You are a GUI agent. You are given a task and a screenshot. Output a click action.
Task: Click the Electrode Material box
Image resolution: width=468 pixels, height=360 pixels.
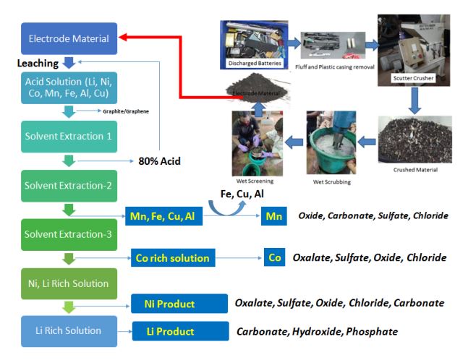[x=69, y=38]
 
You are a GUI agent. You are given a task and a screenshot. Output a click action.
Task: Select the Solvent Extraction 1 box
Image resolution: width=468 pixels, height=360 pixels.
[x=69, y=137]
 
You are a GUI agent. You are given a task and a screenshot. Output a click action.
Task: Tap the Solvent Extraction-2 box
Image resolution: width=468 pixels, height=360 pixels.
[x=69, y=186]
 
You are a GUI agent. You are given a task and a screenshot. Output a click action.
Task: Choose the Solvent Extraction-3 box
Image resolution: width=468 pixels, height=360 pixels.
[x=69, y=234]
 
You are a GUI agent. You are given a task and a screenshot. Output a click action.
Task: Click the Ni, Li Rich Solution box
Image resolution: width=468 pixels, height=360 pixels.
[x=69, y=283]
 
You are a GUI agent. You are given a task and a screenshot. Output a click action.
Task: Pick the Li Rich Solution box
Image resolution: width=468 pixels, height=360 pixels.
[x=69, y=330]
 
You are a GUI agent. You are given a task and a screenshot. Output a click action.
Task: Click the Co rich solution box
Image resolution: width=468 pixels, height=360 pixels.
[x=172, y=258]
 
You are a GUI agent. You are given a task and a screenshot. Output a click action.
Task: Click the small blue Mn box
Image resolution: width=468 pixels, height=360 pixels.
[x=274, y=215]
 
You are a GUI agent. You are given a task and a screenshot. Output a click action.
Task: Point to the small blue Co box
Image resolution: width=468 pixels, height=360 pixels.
[x=274, y=257]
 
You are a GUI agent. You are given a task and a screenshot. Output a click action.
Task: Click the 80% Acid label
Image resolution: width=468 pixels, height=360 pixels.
[x=159, y=161]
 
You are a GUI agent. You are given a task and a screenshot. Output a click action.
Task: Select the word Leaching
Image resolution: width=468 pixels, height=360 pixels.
[x=38, y=64]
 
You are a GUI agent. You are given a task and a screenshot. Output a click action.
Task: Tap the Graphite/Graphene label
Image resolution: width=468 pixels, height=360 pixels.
[x=125, y=111]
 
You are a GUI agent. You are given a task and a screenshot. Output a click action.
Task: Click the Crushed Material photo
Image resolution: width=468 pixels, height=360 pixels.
[x=414, y=139]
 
